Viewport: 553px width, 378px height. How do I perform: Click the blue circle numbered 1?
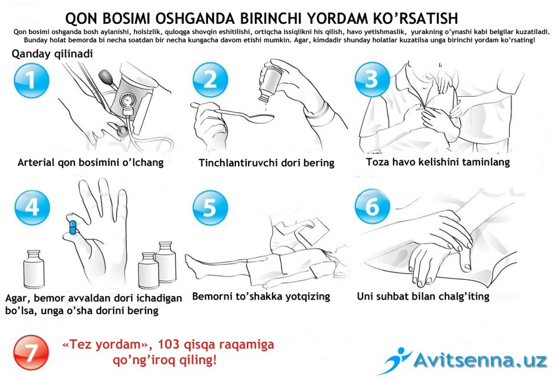31,81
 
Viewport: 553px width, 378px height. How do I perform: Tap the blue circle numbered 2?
210,80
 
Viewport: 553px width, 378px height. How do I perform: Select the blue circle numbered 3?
372,79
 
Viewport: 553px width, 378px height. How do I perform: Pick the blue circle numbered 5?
210,208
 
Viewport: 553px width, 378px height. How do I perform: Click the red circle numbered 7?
31,353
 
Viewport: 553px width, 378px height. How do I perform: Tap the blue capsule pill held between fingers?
71,226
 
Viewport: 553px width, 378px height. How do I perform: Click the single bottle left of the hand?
35,268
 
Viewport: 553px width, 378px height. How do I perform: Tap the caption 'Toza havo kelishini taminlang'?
437,162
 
